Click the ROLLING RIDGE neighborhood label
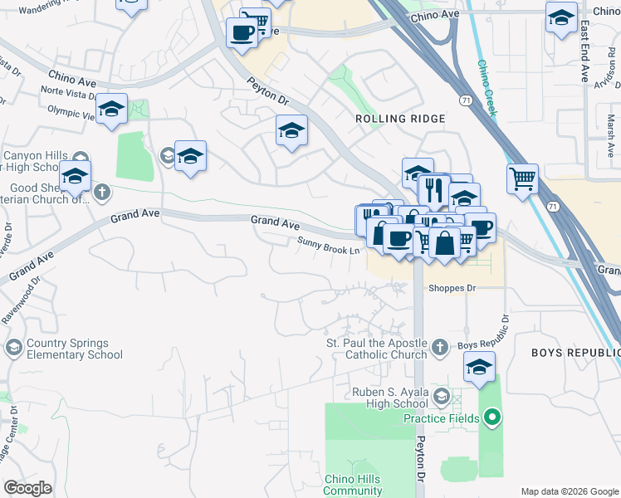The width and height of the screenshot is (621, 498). [400, 119]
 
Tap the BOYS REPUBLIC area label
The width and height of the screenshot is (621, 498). [575, 353]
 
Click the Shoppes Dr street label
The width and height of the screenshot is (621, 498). [452, 289]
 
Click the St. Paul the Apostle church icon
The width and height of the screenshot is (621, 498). [440, 346]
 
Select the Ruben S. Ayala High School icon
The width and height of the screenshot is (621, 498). [441, 397]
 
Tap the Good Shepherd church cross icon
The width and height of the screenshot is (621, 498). [102, 193]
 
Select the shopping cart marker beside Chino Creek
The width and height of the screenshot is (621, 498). [522, 178]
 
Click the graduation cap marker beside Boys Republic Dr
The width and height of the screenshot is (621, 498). [479, 367]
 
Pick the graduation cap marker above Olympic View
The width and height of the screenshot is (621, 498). [111, 109]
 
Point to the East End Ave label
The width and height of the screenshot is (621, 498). [584, 52]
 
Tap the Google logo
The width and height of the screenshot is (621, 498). [27, 488]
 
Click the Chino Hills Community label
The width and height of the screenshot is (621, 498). [353, 485]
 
